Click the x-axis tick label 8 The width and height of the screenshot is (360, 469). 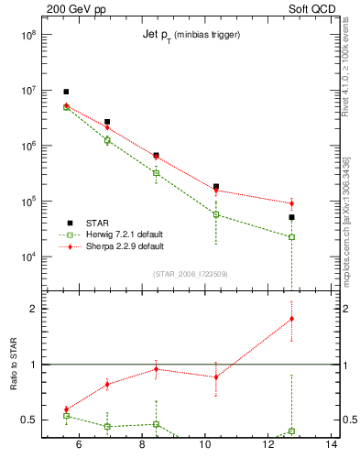(142, 445)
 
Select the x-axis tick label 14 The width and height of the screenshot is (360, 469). (332, 445)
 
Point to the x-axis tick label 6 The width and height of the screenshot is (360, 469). (78, 445)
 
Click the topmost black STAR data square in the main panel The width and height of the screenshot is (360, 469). (66, 92)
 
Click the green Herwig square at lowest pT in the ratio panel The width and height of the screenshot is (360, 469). (66, 416)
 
